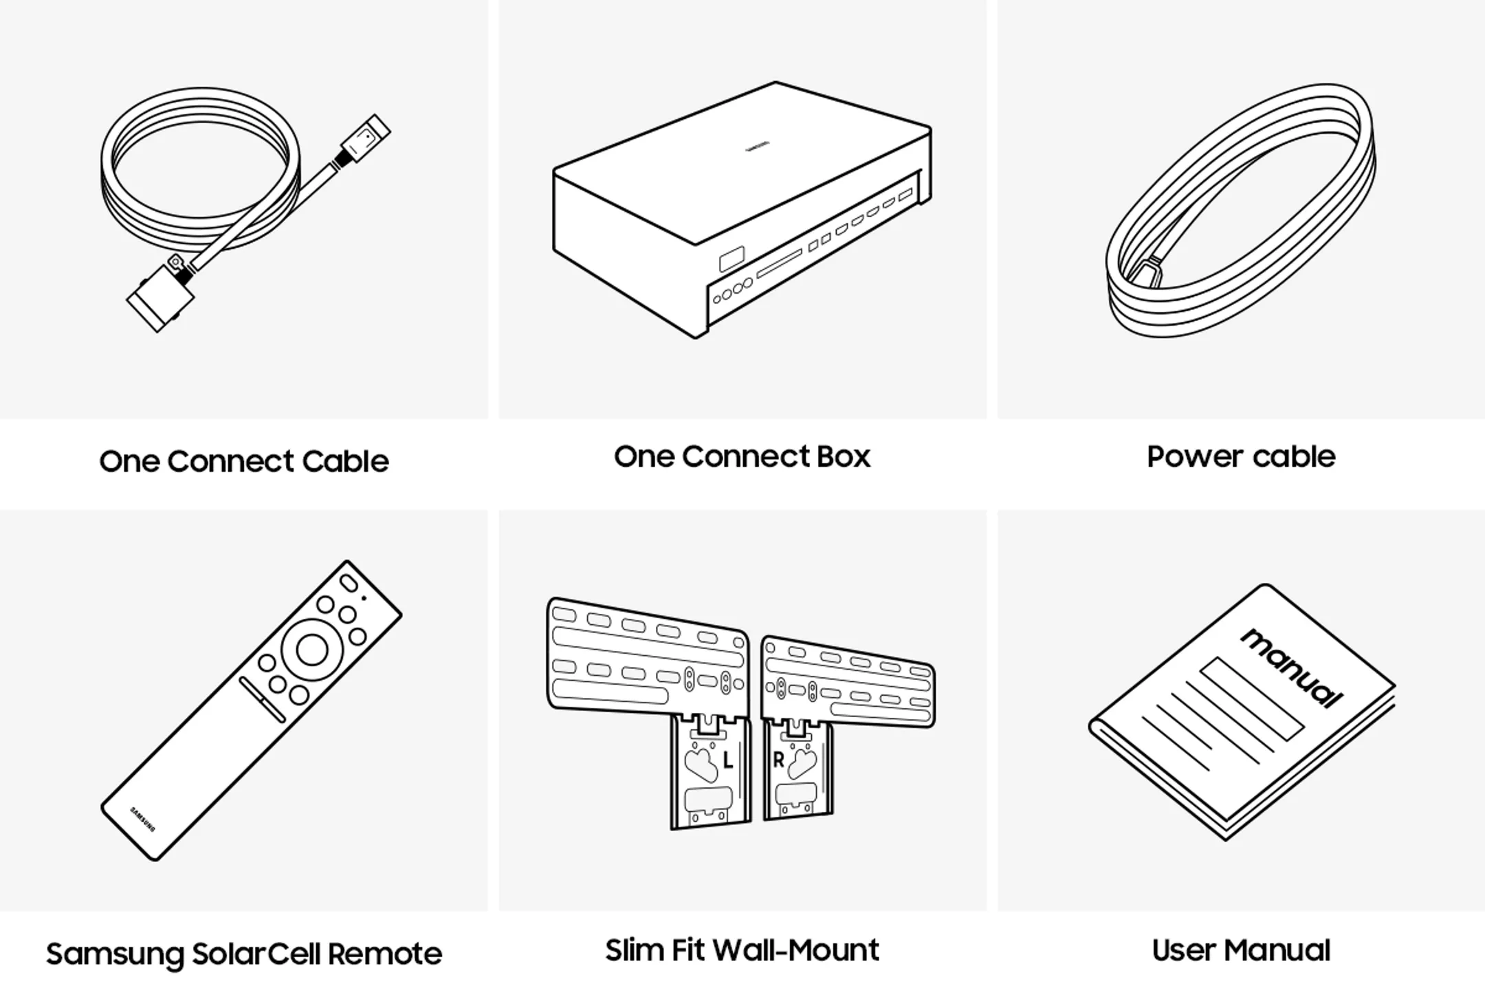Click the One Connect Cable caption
tap(244, 461)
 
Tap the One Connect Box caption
tap(742, 456)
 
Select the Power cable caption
tap(1241, 456)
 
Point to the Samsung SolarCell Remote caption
tap(244, 954)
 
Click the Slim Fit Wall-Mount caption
tap(742, 950)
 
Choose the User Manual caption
tap(1241, 950)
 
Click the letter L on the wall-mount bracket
tap(728, 760)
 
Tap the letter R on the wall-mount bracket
tap(778, 760)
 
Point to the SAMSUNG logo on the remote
tap(143, 819)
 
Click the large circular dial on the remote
tap(311, 650)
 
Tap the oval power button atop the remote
tap(349, 583)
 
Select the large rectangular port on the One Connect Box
tap(731, 259)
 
